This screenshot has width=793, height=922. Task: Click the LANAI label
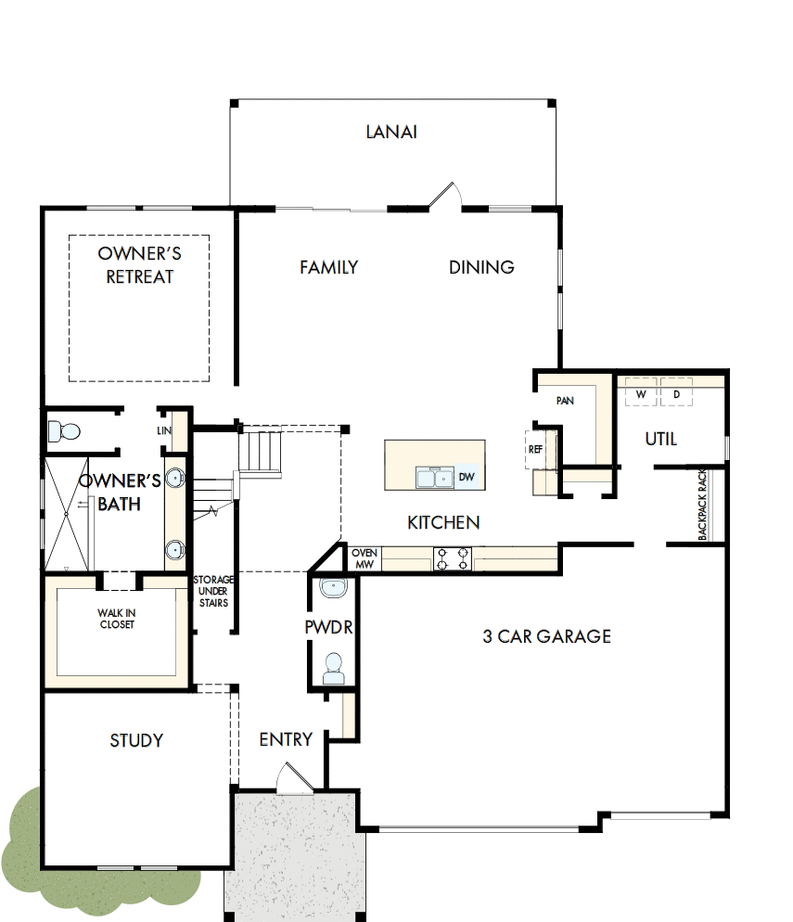click(x=391, y=132)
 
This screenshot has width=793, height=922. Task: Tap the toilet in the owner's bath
click(x=65, y=431)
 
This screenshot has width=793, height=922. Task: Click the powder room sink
click(x=331, y=587)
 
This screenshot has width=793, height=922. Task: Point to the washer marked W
click(x=641, y=394)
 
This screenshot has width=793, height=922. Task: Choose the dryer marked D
click(x=676, y=394)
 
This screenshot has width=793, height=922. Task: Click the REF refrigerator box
click(x=535, y=449)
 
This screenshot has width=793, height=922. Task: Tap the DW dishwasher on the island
click(x=466, y=477)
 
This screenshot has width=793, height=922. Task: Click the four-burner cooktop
click(x=453, y=558)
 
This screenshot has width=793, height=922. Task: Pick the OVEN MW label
click(x=364, y=558)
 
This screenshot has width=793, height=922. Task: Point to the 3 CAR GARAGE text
click(x=546, y=636)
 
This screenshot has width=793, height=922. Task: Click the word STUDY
click(x=136, y=740)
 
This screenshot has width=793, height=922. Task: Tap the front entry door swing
click(x=294, y=779)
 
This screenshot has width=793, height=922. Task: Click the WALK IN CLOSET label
click(x=116, y=619)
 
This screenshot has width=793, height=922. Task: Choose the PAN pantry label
click(x=565, y=401)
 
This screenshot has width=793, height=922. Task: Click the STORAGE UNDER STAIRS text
click(x=213, y=592)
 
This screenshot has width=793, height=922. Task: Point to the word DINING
click(x=481, y=267)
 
